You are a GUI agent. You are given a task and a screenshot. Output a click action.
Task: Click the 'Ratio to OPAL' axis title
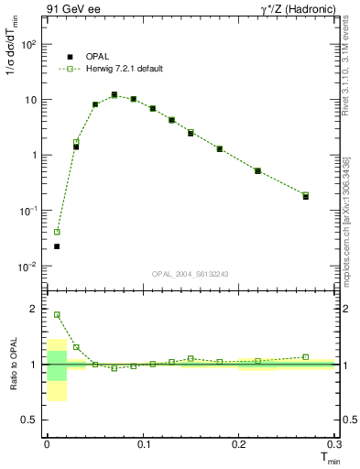pos(13,366)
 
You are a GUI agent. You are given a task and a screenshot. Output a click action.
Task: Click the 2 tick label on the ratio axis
pos(35,309)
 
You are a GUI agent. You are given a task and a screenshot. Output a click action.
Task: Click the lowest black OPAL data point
pos(57,246)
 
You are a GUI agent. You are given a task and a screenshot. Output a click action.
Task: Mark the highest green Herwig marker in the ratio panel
pos(57,314)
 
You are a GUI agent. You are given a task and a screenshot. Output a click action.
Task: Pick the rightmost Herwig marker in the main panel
pos(306,194)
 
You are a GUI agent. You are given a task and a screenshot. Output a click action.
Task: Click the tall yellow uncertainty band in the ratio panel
pos(57,370)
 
